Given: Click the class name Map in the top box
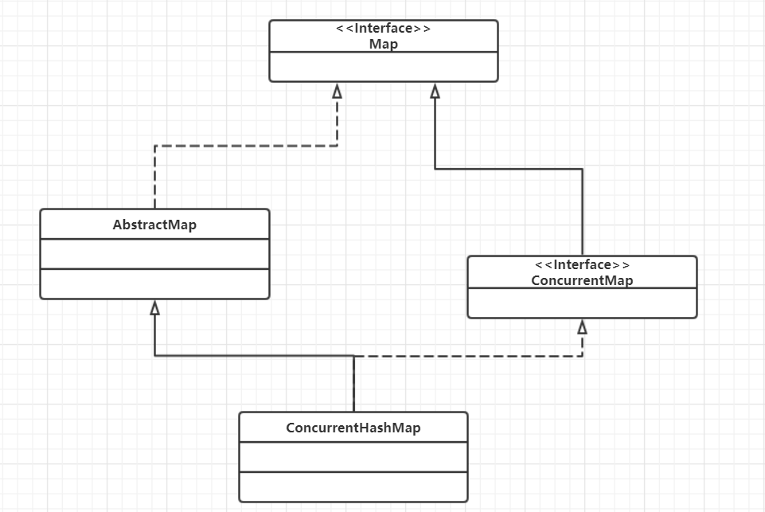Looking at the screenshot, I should click(383, 44).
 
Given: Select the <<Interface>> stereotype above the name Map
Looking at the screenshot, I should click(383, 29).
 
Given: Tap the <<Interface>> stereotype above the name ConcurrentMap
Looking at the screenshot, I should click(582, 264).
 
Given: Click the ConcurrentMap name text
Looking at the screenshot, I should click(582, 280).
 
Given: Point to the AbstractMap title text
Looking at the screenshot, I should click(154, 225).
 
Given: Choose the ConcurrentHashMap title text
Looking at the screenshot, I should click(353, 428).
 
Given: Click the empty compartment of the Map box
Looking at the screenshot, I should click(383, 67).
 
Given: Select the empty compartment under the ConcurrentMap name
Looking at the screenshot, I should click(582, 303).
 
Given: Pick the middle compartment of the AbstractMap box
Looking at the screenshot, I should click(154, 254).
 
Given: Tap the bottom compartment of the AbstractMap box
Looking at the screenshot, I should click(154, 283).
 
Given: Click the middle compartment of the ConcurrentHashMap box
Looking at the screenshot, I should click(353, 456).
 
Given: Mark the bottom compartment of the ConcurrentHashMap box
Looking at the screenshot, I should click(353, 486).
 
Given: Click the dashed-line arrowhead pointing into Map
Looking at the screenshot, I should click(337, 91).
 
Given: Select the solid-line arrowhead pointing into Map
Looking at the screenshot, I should click(435, 91).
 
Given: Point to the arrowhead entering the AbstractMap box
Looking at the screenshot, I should click(154, 308).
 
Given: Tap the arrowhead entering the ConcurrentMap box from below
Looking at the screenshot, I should click(582, 327).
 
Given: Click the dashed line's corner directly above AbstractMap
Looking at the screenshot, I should click(154, 146).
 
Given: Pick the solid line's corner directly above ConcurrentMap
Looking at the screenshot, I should click(582, 169).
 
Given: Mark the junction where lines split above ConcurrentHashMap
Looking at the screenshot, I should click(353, 356).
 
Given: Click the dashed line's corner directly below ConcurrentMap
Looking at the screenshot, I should click(582, 356).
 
